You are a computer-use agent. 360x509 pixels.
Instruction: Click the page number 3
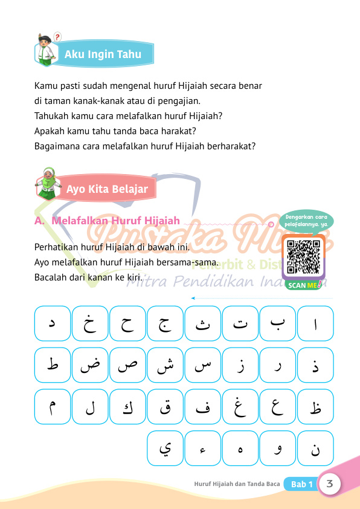330,484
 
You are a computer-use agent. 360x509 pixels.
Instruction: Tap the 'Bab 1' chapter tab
302,484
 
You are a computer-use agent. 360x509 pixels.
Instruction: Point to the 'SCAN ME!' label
303,285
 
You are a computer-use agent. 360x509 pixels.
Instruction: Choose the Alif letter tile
315,323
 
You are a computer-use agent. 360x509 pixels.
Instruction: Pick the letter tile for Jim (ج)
166,323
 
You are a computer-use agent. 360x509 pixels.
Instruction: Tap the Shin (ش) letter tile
166,365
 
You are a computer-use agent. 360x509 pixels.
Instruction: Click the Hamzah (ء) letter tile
203,449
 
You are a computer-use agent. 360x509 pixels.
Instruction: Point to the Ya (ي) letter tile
166,449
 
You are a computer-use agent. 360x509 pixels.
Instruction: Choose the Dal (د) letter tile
53,323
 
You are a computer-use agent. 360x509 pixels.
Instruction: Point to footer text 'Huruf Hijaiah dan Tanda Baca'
237,484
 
